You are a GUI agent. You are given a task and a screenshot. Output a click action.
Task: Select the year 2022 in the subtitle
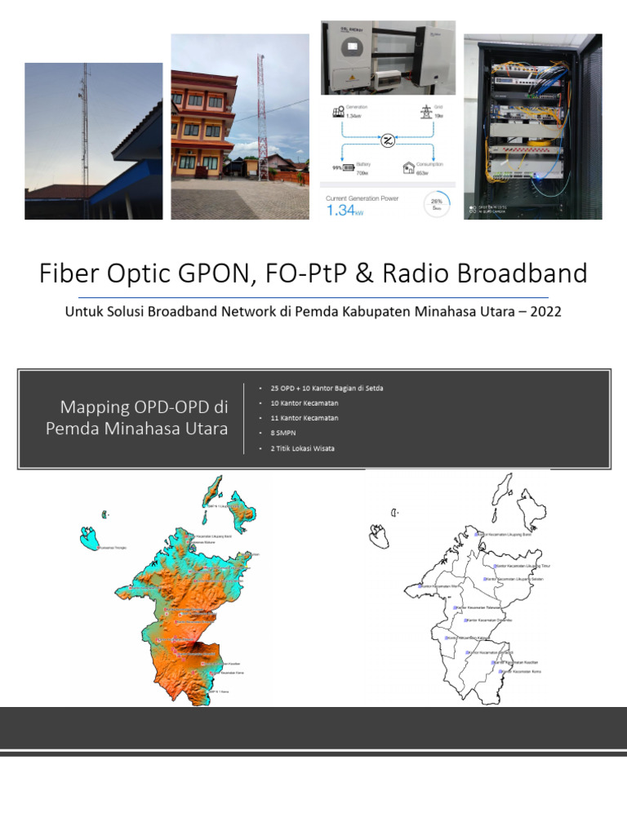point(542,312)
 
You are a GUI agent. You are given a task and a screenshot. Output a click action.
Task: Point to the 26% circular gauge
point(436,205)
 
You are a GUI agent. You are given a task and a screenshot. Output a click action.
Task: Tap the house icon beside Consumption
point(408,167)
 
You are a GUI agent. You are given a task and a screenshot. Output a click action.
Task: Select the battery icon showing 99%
point(348,168)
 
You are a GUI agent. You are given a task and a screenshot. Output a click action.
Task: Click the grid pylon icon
point(426,112)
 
